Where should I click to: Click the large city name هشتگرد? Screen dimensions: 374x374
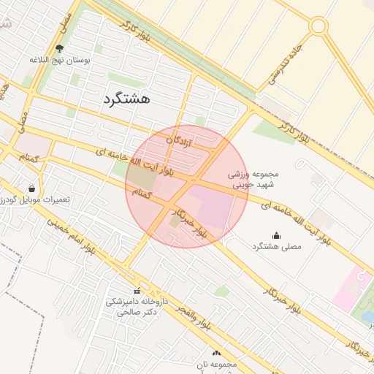click(x=126, y=99)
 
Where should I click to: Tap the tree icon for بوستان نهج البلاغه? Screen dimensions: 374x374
click(x=60, y=49)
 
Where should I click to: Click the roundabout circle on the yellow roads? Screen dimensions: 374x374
click(x=318, y=26)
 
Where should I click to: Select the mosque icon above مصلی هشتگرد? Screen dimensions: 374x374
click(x=276, y=235)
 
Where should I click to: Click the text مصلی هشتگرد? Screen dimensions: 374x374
click(x=276, y=248)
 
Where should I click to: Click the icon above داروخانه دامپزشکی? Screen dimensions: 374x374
click(x=137, y=291)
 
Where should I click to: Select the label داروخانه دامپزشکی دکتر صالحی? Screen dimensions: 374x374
click(x=137, y=307)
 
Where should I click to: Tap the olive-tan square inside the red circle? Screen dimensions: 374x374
click(x=143, y=178)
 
